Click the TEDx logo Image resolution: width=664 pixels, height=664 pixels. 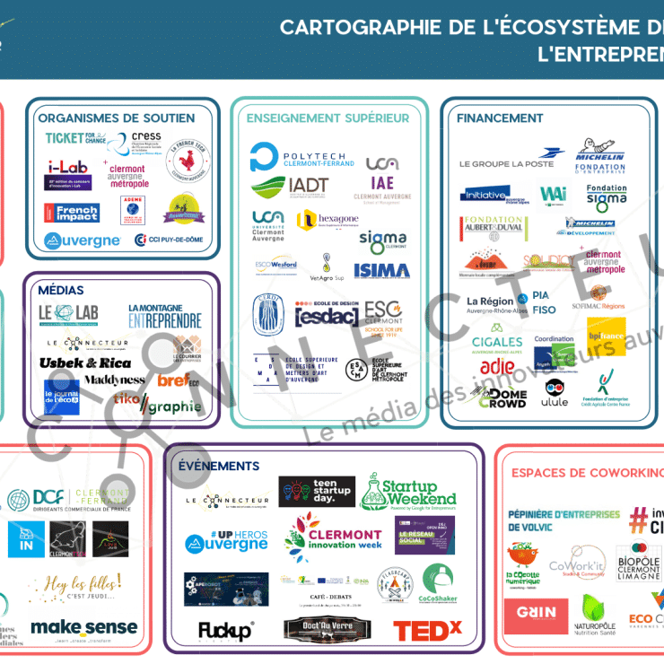427,631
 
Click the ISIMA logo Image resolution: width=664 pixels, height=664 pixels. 381,270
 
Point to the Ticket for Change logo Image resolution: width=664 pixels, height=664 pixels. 75,139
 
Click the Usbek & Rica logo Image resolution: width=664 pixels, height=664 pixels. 85,363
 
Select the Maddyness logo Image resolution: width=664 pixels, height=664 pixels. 114,380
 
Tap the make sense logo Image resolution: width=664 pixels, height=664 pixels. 84,627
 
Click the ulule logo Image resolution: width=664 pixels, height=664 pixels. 556,396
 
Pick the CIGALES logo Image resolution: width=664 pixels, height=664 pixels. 497,343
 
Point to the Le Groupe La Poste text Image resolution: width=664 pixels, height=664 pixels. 506,164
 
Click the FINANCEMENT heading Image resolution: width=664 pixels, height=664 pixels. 500,118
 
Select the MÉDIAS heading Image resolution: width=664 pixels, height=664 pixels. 61,290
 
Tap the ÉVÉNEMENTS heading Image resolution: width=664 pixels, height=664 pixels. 219,466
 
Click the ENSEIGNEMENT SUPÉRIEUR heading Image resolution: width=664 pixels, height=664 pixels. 328,118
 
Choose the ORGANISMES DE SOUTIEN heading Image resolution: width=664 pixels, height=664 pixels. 117,118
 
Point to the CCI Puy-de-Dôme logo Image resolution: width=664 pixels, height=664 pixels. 170,240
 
